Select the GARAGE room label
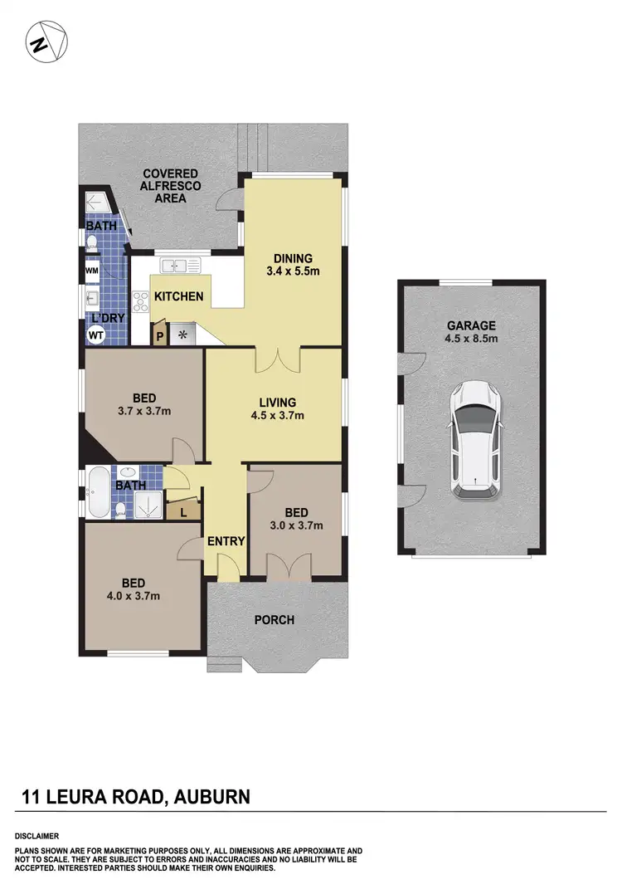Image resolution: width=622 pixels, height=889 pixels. [472, 325]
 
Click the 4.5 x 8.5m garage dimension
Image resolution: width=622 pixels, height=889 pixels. [472, 339]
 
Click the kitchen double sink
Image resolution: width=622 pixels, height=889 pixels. [181, 266]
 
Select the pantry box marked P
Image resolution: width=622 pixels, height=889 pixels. [159, 335]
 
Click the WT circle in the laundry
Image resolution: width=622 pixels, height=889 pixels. [96, 335]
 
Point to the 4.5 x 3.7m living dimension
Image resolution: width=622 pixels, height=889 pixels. [277, 416]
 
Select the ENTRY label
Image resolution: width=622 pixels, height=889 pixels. [226, 541]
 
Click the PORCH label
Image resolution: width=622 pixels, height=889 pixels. [274, 619]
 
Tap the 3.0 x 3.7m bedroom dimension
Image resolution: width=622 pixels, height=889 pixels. [296, 525]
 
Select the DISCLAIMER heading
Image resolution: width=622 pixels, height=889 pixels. [36, 836]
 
